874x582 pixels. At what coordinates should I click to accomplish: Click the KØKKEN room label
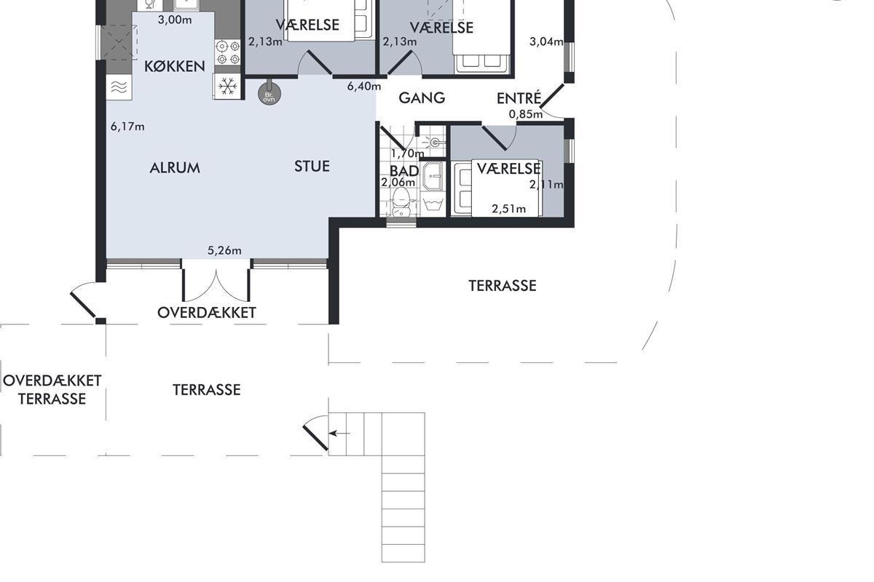(x=174, y=66)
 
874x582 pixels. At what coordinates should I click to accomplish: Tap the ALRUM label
(x=175, y=167)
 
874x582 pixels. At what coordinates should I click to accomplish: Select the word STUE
(x=312, y=167)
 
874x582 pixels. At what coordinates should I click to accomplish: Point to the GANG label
(x=422, y=97)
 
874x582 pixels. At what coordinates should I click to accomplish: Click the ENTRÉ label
(x=519, y=97)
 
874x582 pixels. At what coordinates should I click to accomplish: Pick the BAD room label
(x=404, y=171)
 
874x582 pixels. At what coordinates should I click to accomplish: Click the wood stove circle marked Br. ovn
(x=269, y=94)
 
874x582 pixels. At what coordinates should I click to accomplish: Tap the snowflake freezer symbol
(x=227, y=86)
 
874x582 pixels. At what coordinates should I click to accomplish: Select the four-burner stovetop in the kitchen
(x=228, y=52)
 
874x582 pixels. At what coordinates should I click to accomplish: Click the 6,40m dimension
(x=364, y=86)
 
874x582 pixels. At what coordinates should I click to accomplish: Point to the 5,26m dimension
(x=224, y=250)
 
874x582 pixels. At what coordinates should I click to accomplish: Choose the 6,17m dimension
(x=127, y=127)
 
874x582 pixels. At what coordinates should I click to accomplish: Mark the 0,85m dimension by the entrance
(x=526, y=114)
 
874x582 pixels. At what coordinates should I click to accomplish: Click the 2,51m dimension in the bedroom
(x=508, y=209)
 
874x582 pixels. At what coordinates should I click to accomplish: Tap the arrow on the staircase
(x=339, y=433)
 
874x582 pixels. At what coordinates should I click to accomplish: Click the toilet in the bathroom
(x=401, y=201)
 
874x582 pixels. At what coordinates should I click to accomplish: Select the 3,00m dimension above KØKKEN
(x=175, y=20)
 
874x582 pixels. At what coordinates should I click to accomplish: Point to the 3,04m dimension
(x=546, y=41)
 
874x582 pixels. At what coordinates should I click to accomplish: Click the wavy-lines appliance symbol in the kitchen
(x=119, y=87)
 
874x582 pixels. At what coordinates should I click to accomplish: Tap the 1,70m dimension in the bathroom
(x=407, y=154)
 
